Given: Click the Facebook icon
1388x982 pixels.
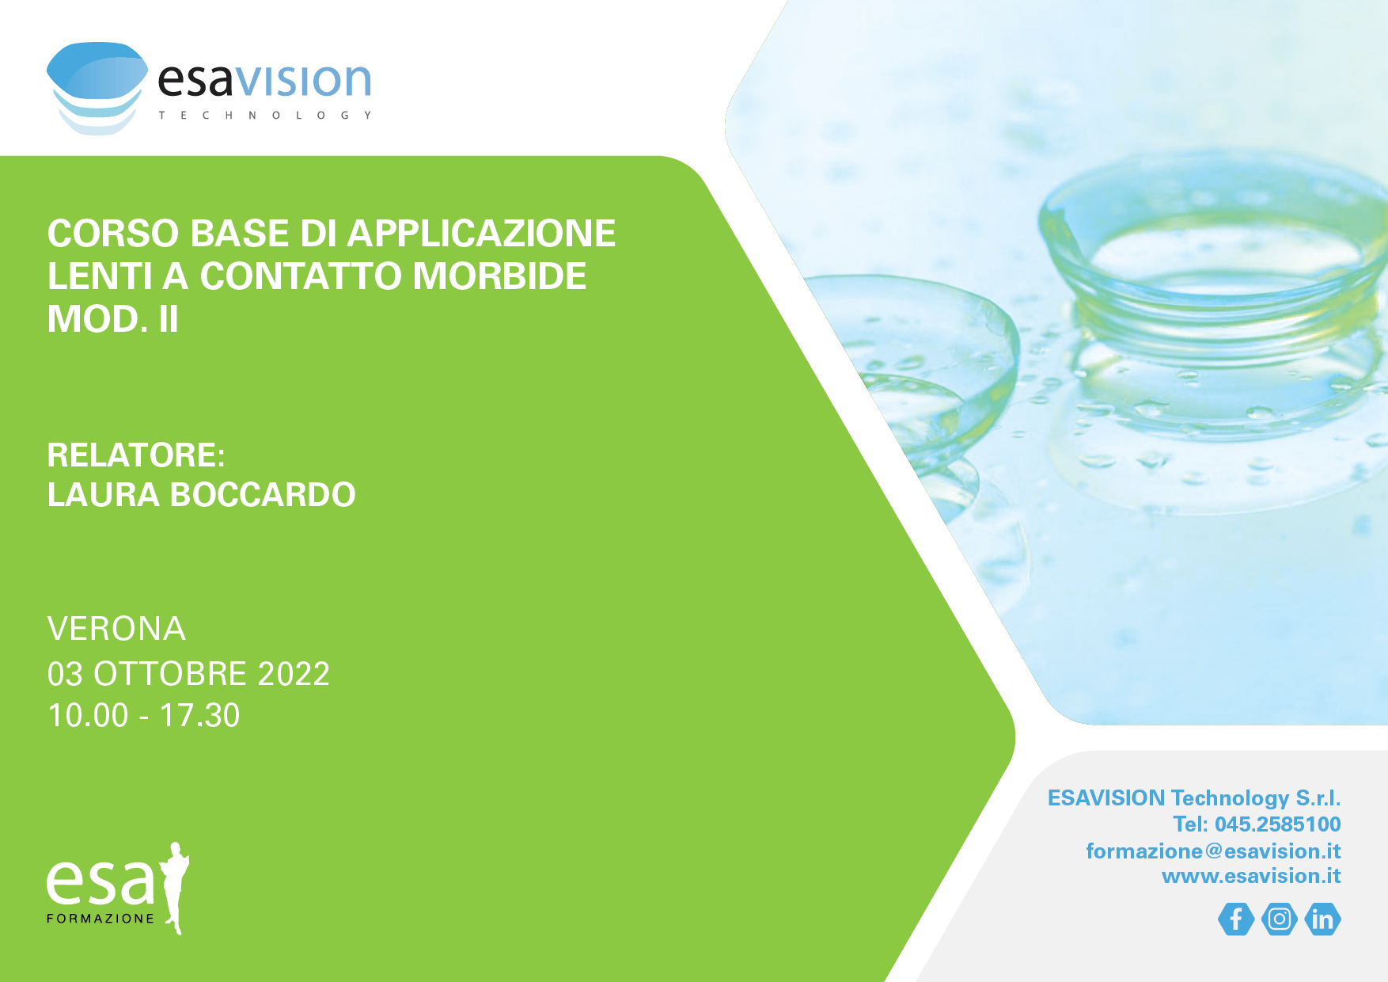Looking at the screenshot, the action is tap(1236, 919).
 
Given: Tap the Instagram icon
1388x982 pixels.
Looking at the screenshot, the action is tap(1280, 919).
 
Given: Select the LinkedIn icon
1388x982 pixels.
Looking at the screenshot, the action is tap(1322, 919).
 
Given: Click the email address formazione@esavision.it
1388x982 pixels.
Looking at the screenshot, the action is tap(1213, 851).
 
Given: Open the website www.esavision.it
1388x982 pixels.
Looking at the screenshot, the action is tap(1251, 876).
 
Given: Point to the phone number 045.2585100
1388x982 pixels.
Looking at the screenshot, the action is tap(1278, 824).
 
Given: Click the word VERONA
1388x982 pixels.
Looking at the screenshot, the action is tap(116, 629).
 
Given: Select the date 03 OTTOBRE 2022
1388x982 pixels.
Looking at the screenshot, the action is tap(188, 674).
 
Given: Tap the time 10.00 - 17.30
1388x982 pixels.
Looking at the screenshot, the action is tap(143, 715).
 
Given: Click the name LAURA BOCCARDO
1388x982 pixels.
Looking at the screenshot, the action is tap(201, 495).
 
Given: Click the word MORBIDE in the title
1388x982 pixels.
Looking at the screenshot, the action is tap(499, 276).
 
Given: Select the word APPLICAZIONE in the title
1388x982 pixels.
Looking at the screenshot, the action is tap(481, 234).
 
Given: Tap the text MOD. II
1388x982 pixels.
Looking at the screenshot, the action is tap(112, 319).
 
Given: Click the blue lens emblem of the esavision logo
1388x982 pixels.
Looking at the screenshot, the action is tap(97, 88).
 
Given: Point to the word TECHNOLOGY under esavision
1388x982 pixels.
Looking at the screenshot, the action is tap(265, 116).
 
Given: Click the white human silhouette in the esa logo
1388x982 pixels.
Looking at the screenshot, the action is tap(175, 889).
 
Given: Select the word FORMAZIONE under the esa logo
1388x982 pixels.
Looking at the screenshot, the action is tap(100, 919).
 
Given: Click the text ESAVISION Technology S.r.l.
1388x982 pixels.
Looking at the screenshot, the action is tap(1194, 797).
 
